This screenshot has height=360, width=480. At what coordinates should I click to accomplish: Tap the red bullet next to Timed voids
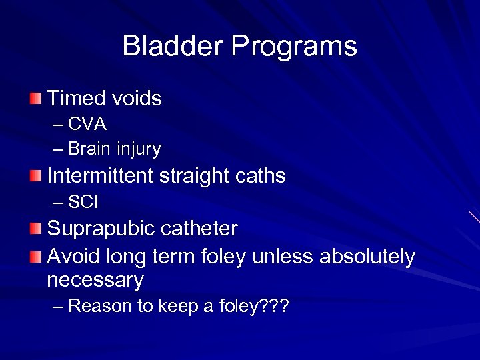click(x=35, y=99)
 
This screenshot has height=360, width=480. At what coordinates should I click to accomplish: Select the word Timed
click(x=75, y=99)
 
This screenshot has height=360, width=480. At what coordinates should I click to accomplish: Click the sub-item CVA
click(x=87, y=125)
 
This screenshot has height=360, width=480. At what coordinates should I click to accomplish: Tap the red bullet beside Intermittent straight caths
click(x=35, y=177)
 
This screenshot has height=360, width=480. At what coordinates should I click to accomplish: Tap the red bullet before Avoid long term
click(x=35, y=257)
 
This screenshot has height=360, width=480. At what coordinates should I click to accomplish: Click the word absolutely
click(x=367, y=257)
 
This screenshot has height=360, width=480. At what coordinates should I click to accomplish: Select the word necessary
click(x=95, y=281)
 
